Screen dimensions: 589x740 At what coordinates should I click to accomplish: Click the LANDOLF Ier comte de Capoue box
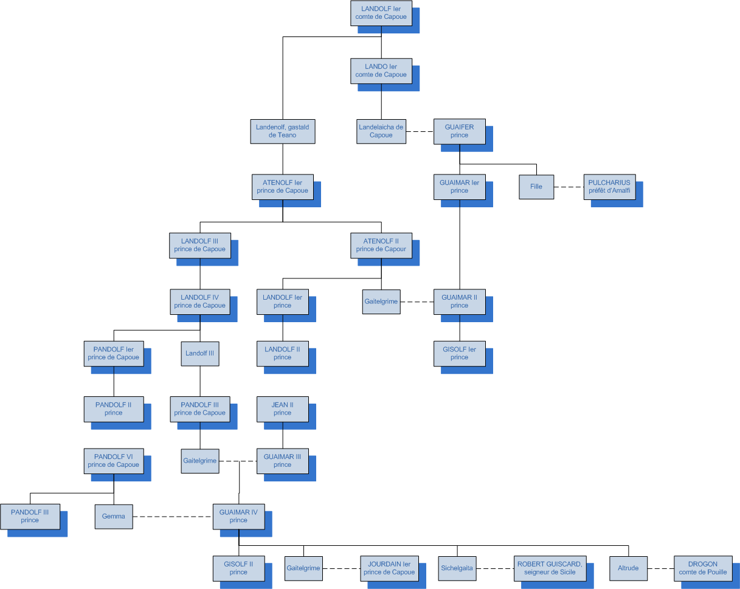point(381,13)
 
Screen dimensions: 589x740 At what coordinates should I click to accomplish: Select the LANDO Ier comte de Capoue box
point(381,71)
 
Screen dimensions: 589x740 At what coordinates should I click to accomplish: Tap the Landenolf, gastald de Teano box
point(283,131)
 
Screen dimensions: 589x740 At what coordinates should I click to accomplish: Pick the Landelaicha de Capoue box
point(381,131)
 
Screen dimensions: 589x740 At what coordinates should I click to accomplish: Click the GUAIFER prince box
point(459,131)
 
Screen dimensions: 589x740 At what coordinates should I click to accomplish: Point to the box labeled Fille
point(536,187)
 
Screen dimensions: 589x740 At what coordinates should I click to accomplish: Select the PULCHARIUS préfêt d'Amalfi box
point(609,187)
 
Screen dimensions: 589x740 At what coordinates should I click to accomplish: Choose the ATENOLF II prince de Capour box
point(381,245)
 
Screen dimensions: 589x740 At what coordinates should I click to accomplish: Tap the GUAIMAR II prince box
point(459,301)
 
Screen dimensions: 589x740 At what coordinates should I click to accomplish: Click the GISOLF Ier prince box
point(459,353)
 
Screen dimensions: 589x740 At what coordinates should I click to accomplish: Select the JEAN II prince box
point(283,409)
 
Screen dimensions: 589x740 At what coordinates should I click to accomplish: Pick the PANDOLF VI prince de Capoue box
point(114,461)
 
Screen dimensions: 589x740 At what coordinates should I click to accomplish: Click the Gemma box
point(114,517)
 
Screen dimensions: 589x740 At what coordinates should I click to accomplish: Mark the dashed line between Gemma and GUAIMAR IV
point(172,517)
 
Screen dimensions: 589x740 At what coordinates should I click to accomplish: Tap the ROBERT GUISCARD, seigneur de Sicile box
point(550,568)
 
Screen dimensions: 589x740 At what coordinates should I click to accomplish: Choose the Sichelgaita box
point(457,568)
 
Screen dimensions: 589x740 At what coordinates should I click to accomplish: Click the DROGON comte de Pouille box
point(702,568)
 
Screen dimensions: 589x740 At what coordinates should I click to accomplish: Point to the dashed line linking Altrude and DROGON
point(660,568)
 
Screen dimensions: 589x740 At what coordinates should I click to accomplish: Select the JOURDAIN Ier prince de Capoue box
point(389,568)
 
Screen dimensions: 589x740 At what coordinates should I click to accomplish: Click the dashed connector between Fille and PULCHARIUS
point(569,187)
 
